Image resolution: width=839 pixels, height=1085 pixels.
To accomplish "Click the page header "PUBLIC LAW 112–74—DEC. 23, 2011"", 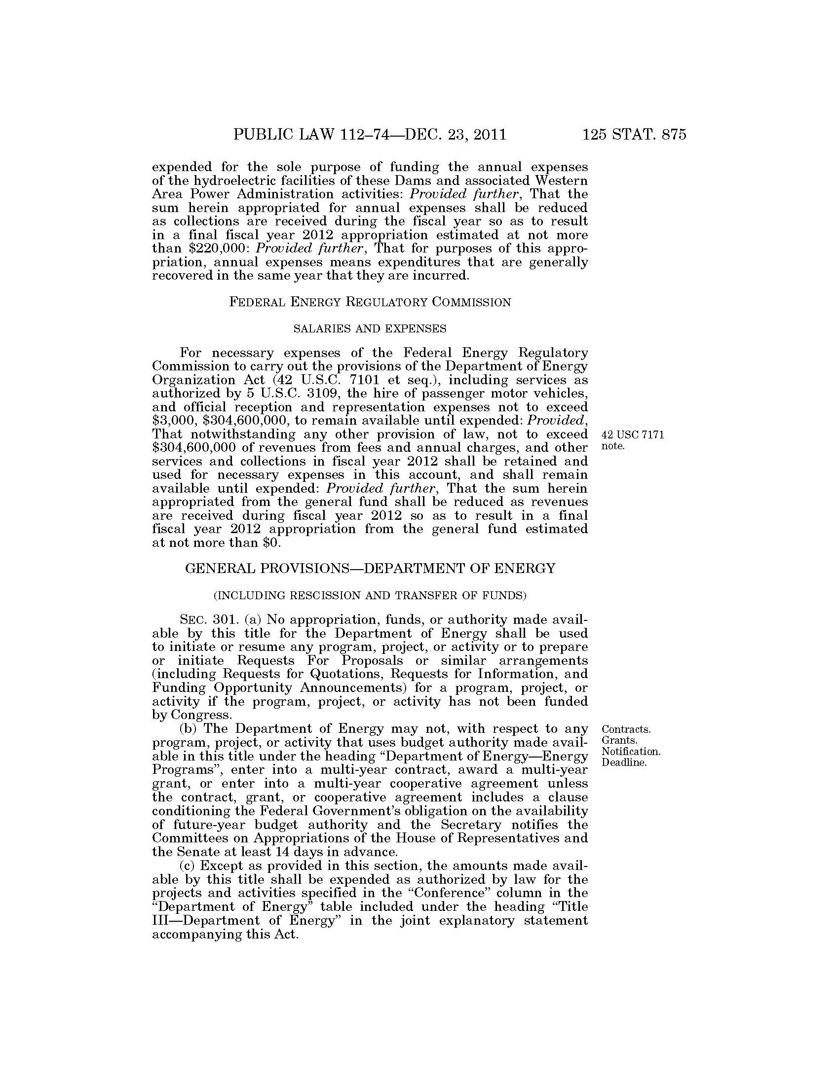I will coord(370,135).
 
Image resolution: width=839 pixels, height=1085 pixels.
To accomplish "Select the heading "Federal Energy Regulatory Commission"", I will coord(370,302).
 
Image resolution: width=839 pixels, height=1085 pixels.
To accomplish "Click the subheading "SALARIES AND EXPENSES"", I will coord(370,328).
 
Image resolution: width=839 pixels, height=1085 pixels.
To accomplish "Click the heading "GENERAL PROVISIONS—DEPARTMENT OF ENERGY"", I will coord(370,568).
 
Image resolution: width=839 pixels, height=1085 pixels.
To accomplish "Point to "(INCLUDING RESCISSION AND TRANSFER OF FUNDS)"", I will coord(370,595).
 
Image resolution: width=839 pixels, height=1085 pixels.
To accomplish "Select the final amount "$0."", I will coord(272,542).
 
